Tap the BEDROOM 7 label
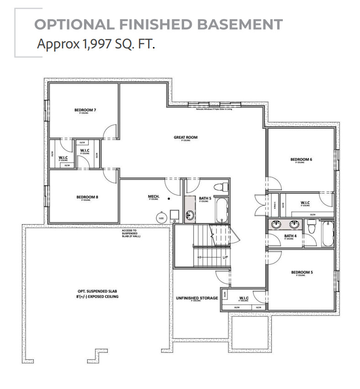[85, 110]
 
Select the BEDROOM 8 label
[87, 197]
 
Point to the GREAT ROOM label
[185, 137]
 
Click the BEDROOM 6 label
[301, 159]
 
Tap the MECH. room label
[153, 197]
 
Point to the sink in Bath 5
[190, 215]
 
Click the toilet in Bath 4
[312, 227]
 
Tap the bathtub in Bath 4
[328, 233]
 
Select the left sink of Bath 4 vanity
[276, 224]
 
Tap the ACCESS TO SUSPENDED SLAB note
[130, 233]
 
